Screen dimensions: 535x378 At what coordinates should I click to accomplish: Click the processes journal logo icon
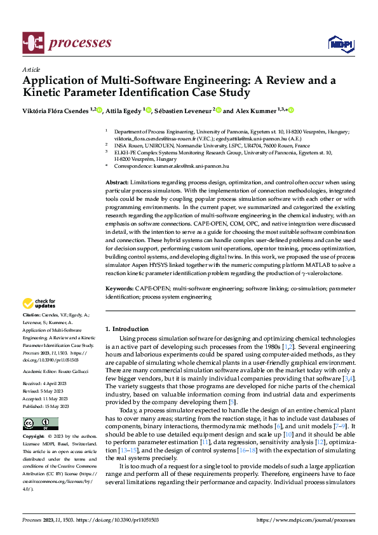click(32, 43)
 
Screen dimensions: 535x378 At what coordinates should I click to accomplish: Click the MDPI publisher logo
click(340, 43)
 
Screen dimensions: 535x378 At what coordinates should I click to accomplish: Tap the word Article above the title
click(31, 70)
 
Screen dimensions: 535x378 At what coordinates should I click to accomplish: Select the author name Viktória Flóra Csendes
click(55, 111)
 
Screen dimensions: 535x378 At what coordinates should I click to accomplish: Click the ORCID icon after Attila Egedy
click(149, 111)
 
